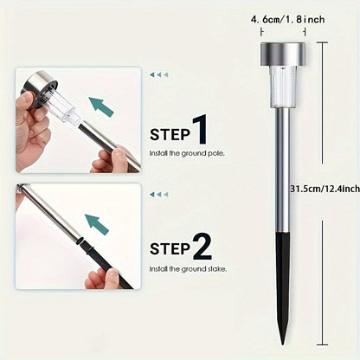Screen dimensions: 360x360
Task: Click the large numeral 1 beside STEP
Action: [x=200, y=129]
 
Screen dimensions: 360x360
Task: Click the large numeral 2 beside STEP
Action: [x=202, y=247]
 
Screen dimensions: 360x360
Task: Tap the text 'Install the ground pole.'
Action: [x=187, y=153]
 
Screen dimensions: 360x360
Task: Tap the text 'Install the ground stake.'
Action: [x=188, y=269]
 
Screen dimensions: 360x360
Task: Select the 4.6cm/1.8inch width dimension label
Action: [x=287, y=20]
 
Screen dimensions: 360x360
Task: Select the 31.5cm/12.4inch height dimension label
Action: [x=325, y=189]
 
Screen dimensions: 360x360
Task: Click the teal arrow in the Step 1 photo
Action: [x=101, y=106]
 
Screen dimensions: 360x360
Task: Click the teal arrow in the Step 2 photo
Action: [x=97, y=224]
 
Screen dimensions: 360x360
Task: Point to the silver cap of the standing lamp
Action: [x=283, y=54]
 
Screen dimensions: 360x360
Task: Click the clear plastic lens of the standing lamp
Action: [x=283, y=87]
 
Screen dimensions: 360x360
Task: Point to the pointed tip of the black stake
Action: [x=282, y=344]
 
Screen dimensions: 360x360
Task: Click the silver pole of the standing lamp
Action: [x=282, y=170]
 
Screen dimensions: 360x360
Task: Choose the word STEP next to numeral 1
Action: [x=170, y=135]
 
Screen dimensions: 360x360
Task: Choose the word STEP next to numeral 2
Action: [x=170, y=249]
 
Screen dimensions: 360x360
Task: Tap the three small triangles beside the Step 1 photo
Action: [x=158, y=75]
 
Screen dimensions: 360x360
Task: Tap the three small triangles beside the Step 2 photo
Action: [x=158, y=195]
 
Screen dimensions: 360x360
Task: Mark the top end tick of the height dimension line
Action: [x=322, y=42]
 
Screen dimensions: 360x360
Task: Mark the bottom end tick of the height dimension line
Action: [x=322, y=344]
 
